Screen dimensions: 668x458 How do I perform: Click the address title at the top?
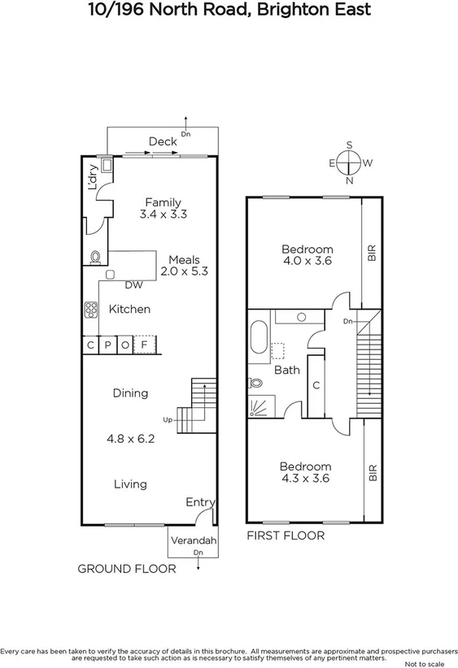point(229,11)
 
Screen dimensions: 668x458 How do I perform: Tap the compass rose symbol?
point(350,163)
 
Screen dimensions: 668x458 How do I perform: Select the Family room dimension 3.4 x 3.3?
point(164,215)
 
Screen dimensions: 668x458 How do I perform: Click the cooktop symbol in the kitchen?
point(90,310)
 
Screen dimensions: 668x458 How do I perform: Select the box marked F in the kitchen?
point(144,345)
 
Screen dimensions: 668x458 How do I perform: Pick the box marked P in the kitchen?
point(107,345)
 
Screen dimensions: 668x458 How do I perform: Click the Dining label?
point(130,393)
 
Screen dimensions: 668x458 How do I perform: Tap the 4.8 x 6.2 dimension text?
point(130,438)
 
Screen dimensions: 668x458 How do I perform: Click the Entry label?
point(199,502)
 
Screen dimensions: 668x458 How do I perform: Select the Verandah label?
point(194,541)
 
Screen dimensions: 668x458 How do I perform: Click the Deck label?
point(163,141)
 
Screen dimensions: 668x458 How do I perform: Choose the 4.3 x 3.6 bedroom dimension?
point(306,479)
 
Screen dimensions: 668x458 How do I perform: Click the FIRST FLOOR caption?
point(286,536)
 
